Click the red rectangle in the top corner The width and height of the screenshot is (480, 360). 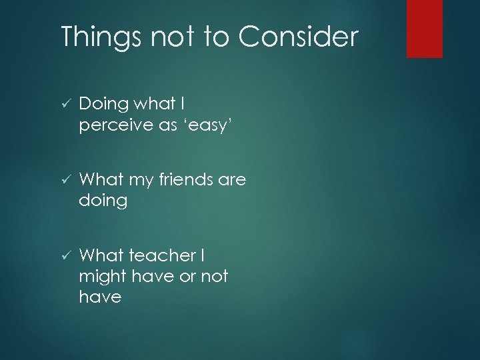425,29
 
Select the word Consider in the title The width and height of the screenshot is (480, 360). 298,37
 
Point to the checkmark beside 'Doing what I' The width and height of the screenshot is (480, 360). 65,103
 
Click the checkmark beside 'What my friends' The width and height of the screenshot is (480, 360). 65,179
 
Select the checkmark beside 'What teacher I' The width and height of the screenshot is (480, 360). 65,255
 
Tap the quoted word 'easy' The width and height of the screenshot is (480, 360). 206,125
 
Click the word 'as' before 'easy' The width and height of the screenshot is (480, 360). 169,125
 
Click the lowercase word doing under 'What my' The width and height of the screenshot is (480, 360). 103,201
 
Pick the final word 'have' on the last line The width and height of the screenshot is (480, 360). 100,297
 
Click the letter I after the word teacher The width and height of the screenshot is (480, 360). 202,255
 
